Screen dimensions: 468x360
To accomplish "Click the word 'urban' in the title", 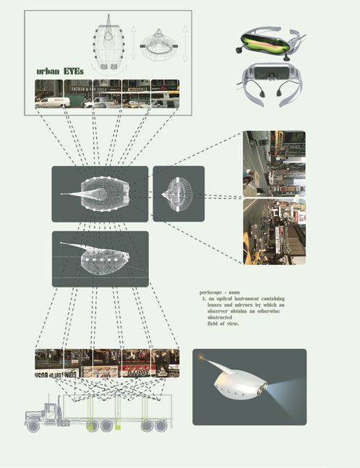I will [x=52, y=72].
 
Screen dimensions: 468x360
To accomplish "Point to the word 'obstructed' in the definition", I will [x=222, y=317].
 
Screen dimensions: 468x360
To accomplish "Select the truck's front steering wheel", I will [x=33, y=426].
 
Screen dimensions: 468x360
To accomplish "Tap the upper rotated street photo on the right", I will [x=274, y=165].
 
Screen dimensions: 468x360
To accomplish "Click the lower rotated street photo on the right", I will [x=274, y=231].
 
